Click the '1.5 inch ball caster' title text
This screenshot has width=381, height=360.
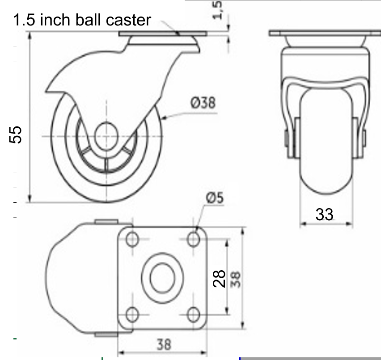pos(82,20)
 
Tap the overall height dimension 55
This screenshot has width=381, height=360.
pos(16,134)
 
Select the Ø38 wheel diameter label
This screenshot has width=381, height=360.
pos(203,103)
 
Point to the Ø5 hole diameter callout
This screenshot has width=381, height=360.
pos(214,198)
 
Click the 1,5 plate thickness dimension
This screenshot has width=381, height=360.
pos(218,10)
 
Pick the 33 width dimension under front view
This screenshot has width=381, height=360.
pos(324,214)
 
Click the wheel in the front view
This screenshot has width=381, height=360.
pos(325,147)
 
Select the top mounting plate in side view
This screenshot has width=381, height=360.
pos(163,35)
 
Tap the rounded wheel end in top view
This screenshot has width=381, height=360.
pos(63,277)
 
